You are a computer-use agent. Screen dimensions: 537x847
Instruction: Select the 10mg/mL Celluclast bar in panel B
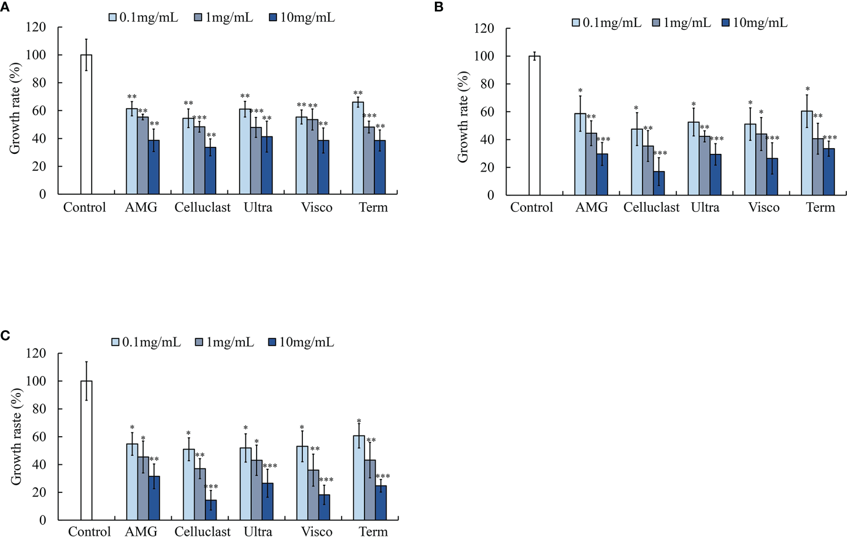pyautogui.click(x=659, y=183)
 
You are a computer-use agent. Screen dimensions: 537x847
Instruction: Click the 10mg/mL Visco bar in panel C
pyautogui.click(x=324, y=507)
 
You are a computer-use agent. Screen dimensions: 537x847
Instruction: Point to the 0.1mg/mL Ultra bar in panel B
pyautogui.click(x=693, y=158)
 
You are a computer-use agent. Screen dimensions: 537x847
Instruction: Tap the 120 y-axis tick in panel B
pyautogui.click(x=484, y=28)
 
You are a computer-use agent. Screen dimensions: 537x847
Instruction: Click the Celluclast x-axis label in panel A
pyautogui.click(x=202, y=207)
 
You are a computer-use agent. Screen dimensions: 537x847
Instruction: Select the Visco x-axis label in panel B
pyautogui.click(x=764, y=207)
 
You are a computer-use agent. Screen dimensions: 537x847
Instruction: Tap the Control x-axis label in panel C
pyautogui.click(x=89, y=531)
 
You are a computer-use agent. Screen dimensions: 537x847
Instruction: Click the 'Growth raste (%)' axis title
pyautogui.click(x=16, y=437)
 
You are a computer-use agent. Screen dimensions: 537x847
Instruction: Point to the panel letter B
pyautogui.click(x=439, y=8)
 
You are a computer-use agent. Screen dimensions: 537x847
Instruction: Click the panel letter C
pyautogui.click(x=5, y=336)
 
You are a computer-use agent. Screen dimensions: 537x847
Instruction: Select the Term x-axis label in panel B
pyautogui.click(x=821, y=207)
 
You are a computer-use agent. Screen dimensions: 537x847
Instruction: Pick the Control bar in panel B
pyautogui.click(x=534, y=125)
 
